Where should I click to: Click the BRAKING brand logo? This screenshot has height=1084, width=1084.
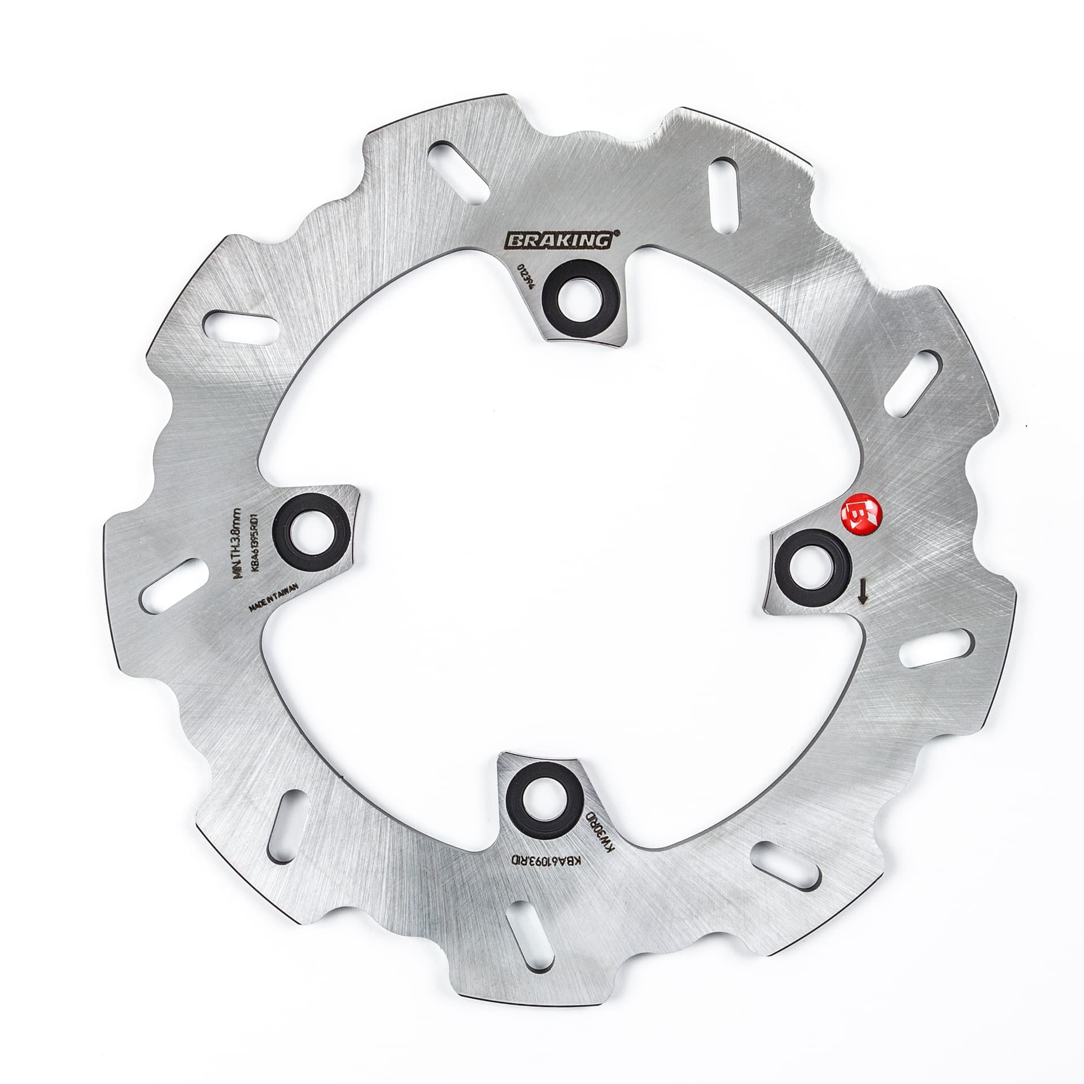pyautogui.click(x=558, y=241)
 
